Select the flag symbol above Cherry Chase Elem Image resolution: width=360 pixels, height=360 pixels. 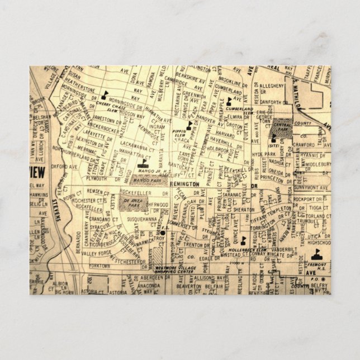pos(105,92)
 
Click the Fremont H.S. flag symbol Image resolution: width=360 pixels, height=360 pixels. pos(314,259)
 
